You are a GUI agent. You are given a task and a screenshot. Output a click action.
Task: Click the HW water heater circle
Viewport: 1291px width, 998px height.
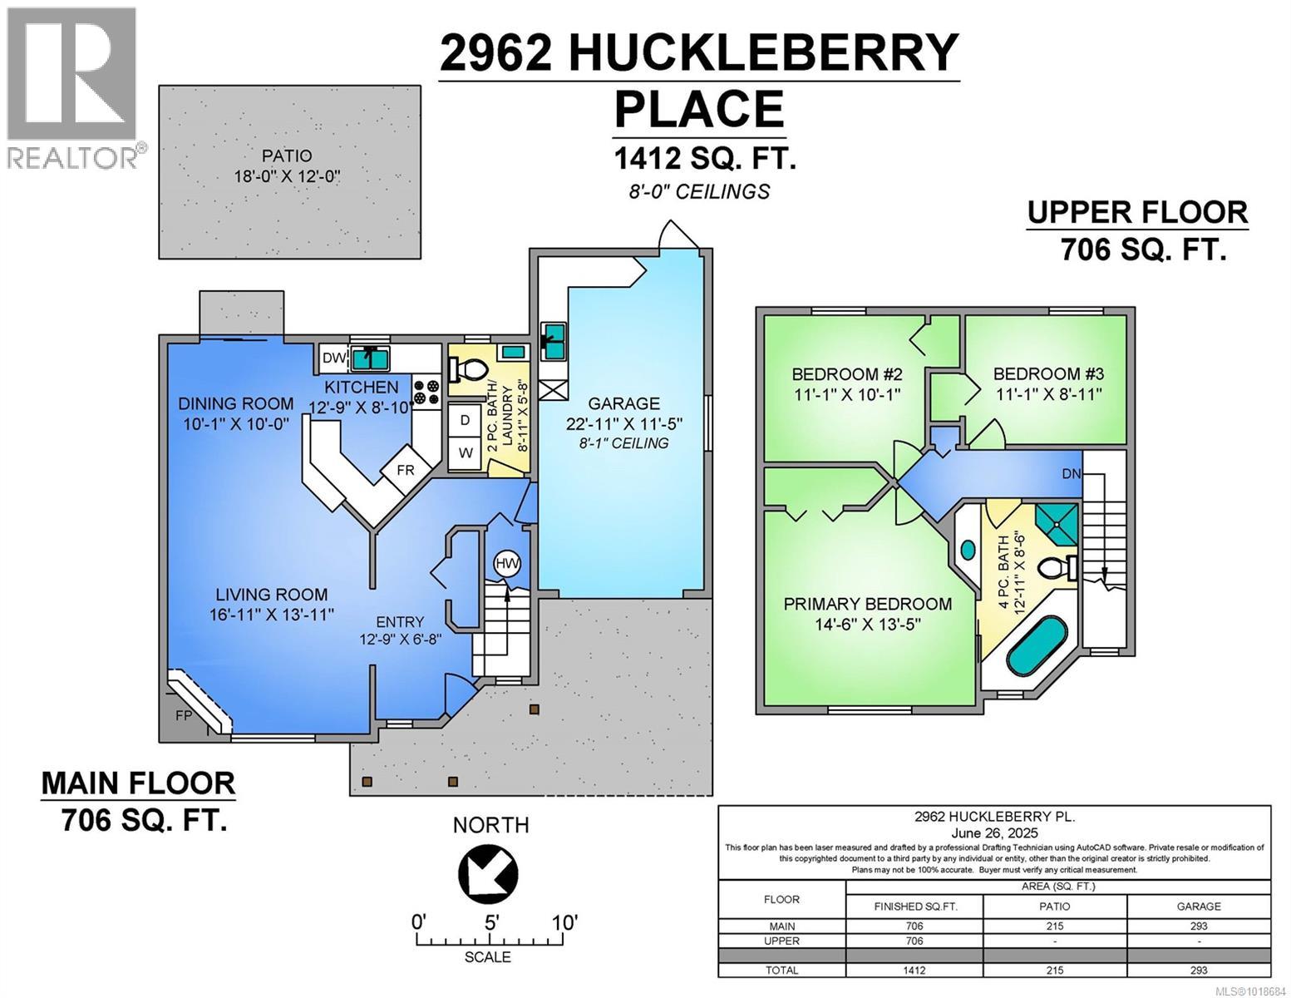507,564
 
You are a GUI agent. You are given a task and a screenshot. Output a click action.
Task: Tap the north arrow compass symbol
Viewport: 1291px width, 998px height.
488,874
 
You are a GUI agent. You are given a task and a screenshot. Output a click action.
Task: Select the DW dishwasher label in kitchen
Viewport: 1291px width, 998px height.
333,358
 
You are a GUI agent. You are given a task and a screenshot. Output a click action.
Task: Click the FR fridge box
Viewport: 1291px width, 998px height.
405,470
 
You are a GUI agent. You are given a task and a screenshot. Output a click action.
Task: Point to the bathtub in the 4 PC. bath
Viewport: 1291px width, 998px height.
1027,639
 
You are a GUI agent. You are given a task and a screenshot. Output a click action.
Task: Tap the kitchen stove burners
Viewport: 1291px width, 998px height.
427,392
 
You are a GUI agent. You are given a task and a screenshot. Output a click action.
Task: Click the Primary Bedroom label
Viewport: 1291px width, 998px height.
867,604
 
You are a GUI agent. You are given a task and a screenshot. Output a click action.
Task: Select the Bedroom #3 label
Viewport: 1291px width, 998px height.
1048,374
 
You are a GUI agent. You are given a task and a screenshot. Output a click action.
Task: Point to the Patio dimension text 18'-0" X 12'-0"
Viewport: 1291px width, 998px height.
288,175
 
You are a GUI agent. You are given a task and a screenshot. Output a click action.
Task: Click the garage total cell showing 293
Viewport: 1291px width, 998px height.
1198,970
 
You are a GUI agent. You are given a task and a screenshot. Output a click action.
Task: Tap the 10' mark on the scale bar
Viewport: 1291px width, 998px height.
564,923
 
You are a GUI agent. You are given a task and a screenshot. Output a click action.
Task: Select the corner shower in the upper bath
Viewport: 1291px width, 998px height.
1057,521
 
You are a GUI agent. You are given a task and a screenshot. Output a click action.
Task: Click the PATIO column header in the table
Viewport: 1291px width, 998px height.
1054,906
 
